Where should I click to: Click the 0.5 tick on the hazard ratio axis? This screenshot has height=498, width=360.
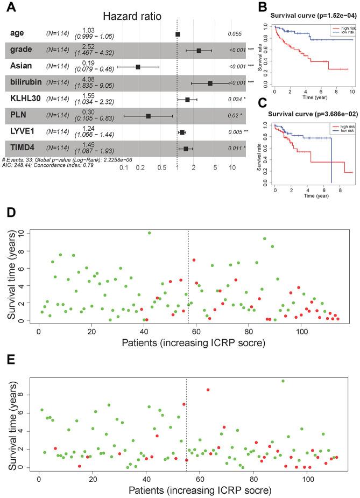[161, 169]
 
